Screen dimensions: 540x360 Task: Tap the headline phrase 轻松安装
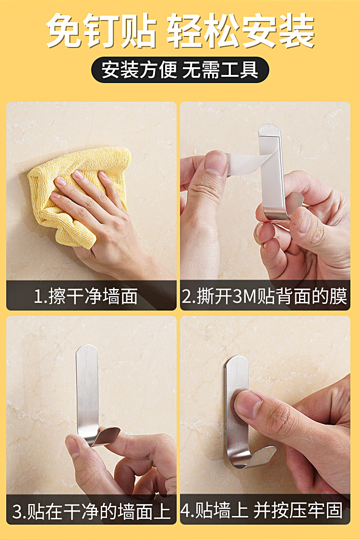click(x=240, y=32)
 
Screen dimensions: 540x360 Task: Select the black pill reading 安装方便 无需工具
click(x=180, y=70)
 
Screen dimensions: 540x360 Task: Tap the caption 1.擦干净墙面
click(x=85, y=296)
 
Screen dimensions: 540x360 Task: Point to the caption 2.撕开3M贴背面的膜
click(x=264, y=296)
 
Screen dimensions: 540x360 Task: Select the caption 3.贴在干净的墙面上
click(x=91, y=512)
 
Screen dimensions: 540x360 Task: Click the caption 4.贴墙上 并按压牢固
click(x=263, y=511)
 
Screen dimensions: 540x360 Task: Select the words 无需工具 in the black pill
click(x=220, y=70)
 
